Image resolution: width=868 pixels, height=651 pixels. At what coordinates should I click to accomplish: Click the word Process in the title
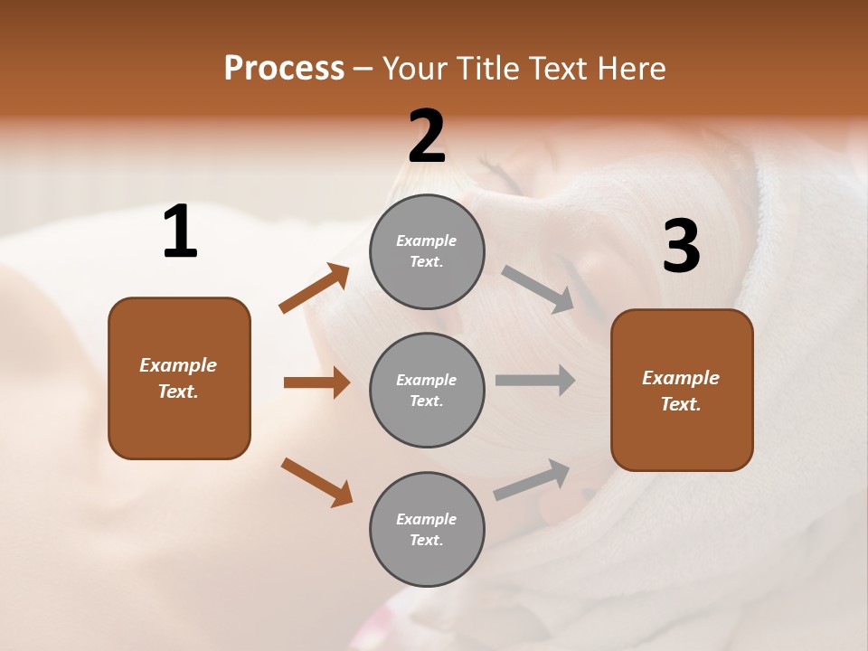click(284, 69)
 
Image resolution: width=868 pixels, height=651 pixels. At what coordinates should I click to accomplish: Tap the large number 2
click(427, 137)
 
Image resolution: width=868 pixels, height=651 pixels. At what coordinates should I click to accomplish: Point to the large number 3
click(681, 247)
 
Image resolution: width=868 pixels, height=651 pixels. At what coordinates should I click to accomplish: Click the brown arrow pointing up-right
click(315, 288)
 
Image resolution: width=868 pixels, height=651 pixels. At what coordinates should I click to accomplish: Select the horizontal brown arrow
click(316, 382)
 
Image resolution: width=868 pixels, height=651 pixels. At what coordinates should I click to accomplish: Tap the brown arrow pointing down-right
click(316, 482)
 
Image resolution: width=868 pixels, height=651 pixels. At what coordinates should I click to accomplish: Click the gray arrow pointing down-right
click(538, 289)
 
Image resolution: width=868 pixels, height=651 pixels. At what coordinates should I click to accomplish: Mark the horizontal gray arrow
click(534, 381)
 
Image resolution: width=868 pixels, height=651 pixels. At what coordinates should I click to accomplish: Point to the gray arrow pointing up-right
click(533, 480)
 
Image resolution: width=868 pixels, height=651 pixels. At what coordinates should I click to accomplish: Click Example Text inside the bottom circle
click(427, 529)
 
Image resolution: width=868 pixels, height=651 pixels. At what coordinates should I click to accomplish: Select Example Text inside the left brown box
click(178, 378)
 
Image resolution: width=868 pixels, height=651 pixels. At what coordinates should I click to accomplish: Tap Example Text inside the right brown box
click(681, 391)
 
